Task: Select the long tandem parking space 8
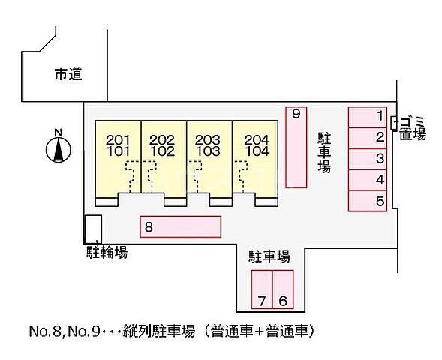point(180,226)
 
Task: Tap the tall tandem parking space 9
point(296,147)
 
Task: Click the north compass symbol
point(58,149)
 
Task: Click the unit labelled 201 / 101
point(117,157)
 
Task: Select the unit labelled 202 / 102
point(162,157)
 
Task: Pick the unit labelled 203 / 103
point(208,157)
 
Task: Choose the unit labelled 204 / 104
point(254,157)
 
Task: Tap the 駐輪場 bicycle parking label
point(105,253)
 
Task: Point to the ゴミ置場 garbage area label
point(413,127)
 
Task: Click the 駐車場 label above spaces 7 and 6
point(270,256)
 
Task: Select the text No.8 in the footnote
point(44,331)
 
